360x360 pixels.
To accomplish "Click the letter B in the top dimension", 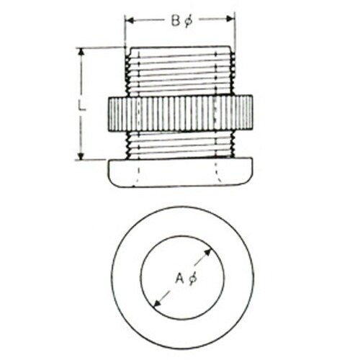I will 175,21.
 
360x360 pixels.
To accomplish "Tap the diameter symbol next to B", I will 188,21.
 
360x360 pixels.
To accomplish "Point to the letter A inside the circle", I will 179,278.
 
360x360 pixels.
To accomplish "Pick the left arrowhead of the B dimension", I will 130,20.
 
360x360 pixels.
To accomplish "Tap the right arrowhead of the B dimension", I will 230,20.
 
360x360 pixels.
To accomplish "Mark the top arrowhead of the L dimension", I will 80,52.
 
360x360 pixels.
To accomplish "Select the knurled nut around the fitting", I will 180,113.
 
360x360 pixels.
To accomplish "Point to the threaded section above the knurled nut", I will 180,72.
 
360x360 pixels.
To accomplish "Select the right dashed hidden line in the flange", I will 217,173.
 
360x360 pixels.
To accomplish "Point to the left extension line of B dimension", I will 125,32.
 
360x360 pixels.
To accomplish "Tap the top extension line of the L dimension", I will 101,48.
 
